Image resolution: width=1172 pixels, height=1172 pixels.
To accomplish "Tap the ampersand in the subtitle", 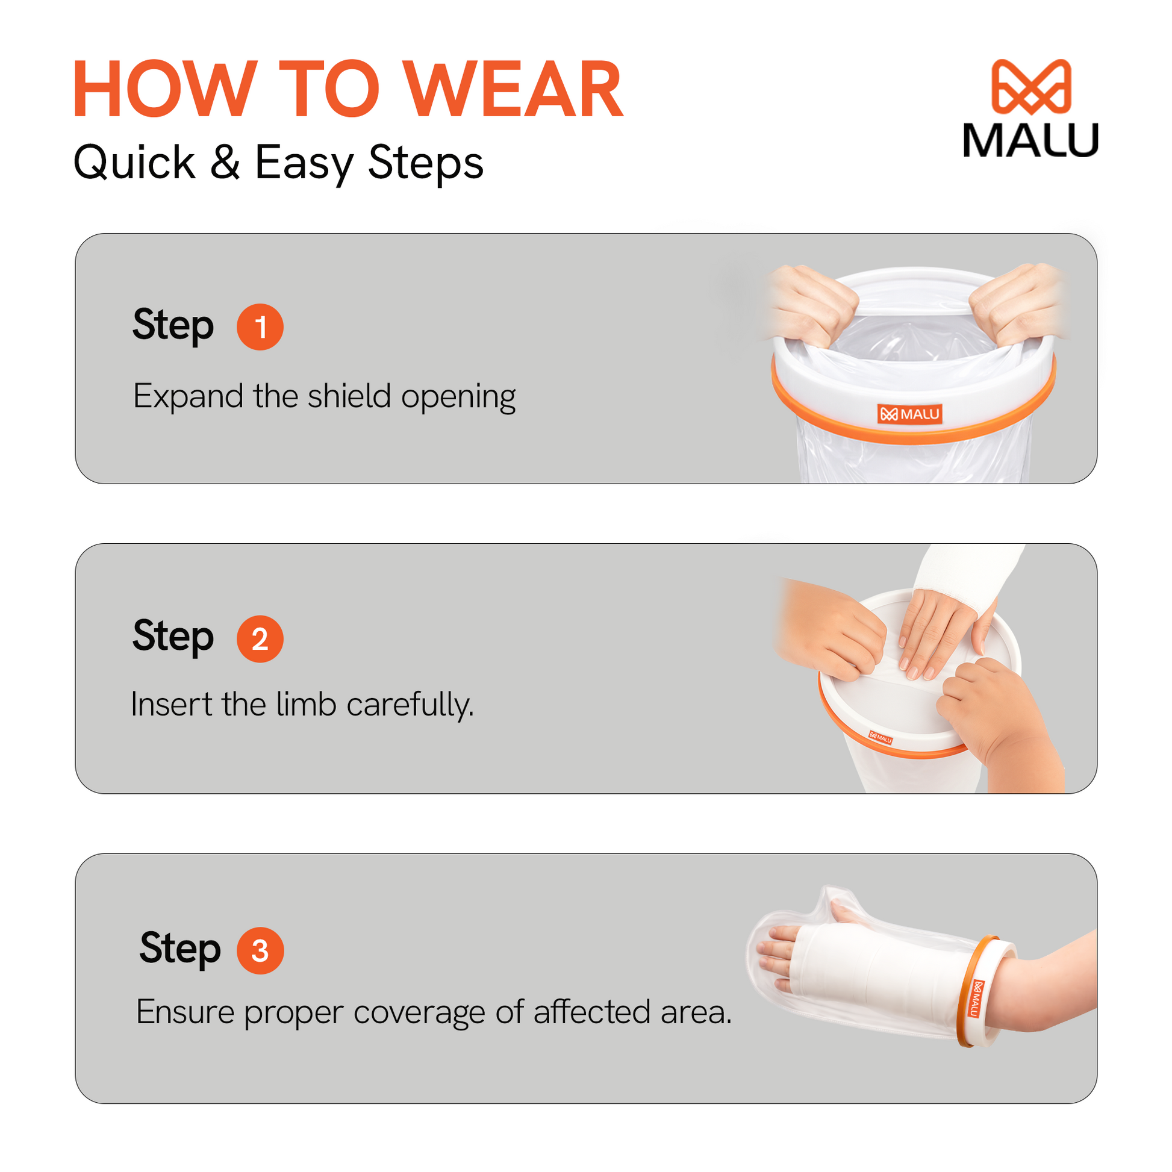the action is (x=225, y=162).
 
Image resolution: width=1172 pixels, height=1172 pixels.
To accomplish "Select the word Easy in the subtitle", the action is (x=304, y=164).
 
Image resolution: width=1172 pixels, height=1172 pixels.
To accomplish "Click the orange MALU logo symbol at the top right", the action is (x=1030, y=87).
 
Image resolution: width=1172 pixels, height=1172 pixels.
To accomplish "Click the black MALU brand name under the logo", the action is (x=1030, y=140).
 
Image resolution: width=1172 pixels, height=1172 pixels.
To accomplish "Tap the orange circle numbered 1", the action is (x=260, y=327).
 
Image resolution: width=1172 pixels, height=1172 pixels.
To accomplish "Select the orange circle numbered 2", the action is (x=260, y=639).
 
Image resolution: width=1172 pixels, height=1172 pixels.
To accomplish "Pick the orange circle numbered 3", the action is (x=260, y=950).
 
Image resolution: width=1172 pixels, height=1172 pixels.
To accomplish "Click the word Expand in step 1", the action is (x=188, y=397).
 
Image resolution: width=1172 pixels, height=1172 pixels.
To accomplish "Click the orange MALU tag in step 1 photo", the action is (x=910, y=414).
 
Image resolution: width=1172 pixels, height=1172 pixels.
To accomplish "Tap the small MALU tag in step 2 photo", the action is (x=881, y=738).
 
